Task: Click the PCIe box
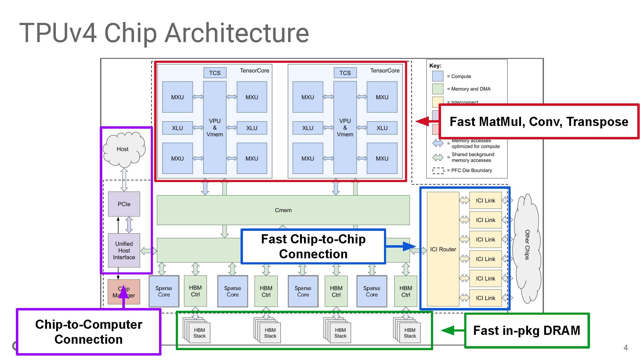pos(124,204)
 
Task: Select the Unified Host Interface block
pos(124,250)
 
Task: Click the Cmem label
pos(283,210)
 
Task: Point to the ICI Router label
pos(443,249)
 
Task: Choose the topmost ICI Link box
pos(485,200)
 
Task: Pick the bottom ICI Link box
pos(485,298)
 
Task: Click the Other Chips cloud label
pos(527,245)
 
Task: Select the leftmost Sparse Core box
pos(164,291)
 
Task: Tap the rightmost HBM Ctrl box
pos(406,291)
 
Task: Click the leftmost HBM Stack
pos(199,333)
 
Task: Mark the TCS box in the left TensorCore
pos(215,73)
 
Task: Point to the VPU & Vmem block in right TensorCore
pos(345,127)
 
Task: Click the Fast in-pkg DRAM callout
pos(526,331)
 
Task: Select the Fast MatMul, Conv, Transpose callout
pos(539,121)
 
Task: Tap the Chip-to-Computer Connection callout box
pos(89,332)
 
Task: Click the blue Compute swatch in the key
pos(438,76)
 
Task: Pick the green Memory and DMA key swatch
pos(438,89)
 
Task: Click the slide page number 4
pos(625,348)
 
